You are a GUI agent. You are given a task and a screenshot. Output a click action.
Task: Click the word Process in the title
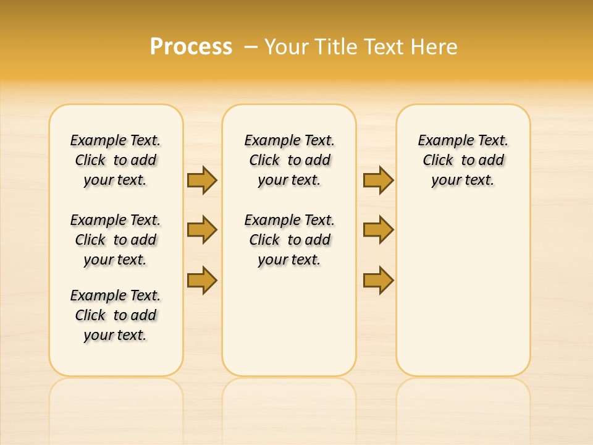click(x=191, y=47)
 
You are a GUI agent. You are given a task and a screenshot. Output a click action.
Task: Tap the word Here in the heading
click(x=435, y=47)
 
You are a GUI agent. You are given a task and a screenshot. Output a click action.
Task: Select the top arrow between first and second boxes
click(x=202, y=180)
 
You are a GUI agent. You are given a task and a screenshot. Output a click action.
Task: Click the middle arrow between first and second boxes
click(x=202, y=230)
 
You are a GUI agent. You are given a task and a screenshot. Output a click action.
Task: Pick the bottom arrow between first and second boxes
click(x=202, y=280)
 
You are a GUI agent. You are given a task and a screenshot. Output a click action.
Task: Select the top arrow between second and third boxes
click(x=378, y=180)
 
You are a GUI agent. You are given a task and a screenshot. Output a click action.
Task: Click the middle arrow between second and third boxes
click(x=378, y=230)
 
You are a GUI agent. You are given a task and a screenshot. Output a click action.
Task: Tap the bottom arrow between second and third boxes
click(x=378, y=280)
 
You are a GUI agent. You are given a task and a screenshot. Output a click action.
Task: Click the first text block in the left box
click(x=116, y=160)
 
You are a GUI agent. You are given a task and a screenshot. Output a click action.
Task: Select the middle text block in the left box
click(x=116, y=240)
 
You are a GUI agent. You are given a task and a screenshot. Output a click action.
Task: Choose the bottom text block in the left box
click(x=116, y=315)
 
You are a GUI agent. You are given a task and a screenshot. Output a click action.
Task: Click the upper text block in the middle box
click(x=290, y=160)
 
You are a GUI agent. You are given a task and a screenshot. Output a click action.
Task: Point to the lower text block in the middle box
click(x=290, y=240)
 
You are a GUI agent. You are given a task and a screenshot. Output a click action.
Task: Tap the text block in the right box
click(x=463, y=160)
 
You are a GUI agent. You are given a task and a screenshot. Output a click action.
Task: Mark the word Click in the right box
click(x=438, y=161)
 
